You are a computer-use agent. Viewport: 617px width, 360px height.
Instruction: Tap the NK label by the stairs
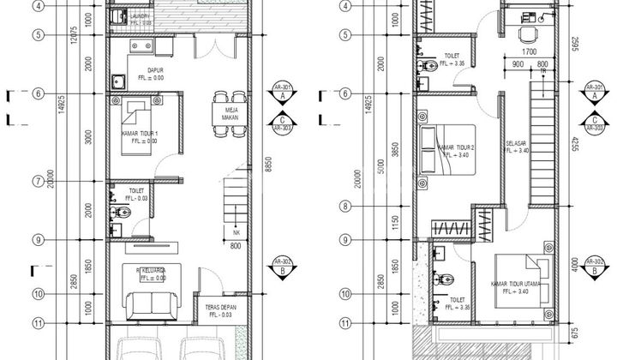click(237, 232)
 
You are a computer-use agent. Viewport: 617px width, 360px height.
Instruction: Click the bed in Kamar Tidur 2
click(446, 147)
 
